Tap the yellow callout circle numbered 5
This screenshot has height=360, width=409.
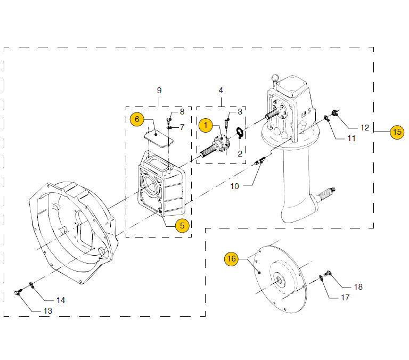click(x=182, y=225)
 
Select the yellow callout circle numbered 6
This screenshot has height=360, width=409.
click(x=137, y=119)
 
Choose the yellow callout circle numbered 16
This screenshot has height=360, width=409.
click(x=231, y=259)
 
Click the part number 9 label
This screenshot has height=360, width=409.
click(x=159, y=90)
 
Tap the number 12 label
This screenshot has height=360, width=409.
click(x=364, y=128)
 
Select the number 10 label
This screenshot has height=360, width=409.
click(x=235, y=186)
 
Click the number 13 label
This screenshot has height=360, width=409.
click(x=48, y=310)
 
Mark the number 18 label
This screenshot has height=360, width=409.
click(x=358, y=287)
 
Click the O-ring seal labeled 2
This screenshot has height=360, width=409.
click(x=240, y=133)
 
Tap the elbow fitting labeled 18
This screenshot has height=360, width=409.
click(x=329, y=274)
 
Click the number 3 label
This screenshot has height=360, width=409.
click(x=240, y=111)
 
